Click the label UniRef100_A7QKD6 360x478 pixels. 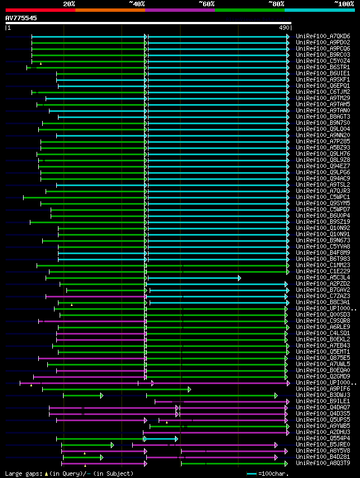pos(323,36)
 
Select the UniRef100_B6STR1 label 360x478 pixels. pos(323,67)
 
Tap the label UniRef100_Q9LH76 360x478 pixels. pos(323,154)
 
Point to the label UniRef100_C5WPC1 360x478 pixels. pos(323,197)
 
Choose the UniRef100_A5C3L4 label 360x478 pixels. pos(323,277)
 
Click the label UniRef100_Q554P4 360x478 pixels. pos(323,438)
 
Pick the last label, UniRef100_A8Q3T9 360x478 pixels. pos(323,463)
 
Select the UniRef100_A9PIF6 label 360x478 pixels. pos(323,389)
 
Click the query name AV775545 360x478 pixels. pos(21,18)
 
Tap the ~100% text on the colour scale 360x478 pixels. pos(343,4)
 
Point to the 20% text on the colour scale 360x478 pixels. pos(69,4)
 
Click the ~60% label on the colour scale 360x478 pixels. pos(206,4)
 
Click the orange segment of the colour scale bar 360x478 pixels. pos(110,10)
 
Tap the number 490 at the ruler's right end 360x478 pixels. pos(284,28)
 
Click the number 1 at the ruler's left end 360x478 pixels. pos(8,28)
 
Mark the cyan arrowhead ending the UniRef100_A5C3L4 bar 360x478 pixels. pos(239,278)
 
